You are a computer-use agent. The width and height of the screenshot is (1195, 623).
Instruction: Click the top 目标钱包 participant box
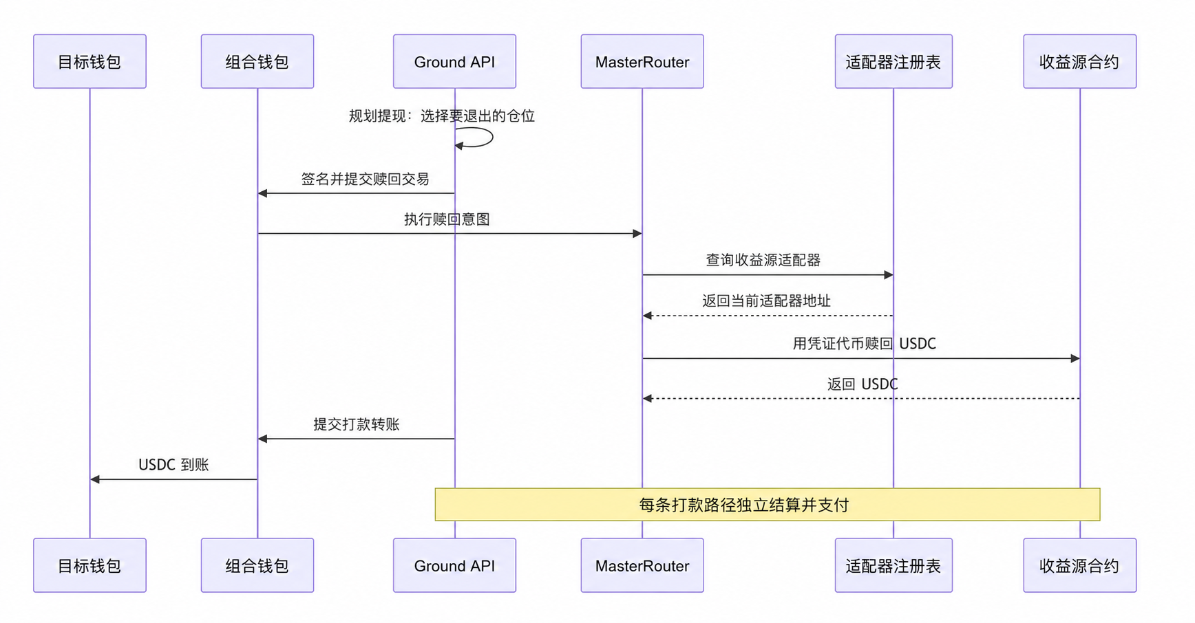tap(89, 61)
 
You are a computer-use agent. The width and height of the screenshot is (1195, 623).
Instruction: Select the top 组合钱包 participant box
tap(257, 61)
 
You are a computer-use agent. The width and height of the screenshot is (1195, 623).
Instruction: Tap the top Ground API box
tap(454, 61)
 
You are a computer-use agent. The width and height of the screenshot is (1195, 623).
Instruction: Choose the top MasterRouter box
tap(642, 61)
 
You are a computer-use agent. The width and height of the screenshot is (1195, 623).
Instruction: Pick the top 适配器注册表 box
tap(893, 61)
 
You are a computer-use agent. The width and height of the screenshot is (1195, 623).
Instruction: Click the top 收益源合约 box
tap(1079, 61)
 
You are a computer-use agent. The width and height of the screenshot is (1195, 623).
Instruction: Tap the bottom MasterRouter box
tap(642, 565)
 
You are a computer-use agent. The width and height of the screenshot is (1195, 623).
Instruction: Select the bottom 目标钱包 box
tap(89, 565)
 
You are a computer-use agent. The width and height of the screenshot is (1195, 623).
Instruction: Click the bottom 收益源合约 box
tap(1079, 565)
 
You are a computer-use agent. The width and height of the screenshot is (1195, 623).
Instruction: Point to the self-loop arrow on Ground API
tap(492, 137)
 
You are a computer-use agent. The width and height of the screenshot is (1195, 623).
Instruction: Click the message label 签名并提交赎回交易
tap(365, 179)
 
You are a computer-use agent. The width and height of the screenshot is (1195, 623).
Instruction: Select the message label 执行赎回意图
tap(447, 219)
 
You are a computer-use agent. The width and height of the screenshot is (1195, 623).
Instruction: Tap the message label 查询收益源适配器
tap(763, 260)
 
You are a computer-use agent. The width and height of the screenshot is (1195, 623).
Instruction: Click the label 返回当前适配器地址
tap(766, 300)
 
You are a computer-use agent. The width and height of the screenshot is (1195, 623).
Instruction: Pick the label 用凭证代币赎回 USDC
tap(864, 343)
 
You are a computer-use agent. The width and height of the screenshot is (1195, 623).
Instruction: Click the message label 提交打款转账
tap(357, 424)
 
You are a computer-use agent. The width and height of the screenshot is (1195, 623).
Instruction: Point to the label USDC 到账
tap(173, 465)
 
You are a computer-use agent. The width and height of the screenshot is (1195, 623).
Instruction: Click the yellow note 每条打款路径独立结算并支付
tap(768, 505)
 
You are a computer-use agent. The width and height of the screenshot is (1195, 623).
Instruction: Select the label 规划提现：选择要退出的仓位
tap(441, 116)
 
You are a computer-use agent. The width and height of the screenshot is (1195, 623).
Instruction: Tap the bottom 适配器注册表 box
tap(893, 565)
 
